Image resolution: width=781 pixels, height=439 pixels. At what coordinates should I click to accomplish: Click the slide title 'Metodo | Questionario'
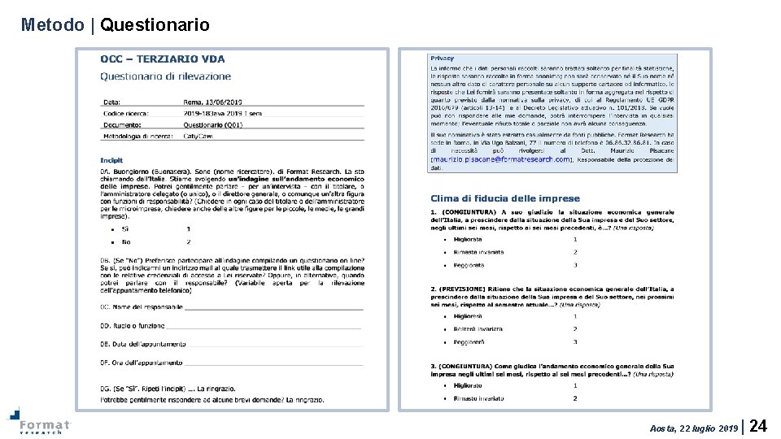click(115, 25)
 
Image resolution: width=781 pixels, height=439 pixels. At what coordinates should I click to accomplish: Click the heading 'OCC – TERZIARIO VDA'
click(163, 59)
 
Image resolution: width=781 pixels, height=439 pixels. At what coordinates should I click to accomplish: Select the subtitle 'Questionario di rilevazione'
click(165, 76)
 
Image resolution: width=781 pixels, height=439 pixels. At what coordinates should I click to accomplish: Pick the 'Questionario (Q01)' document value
click(212, 124)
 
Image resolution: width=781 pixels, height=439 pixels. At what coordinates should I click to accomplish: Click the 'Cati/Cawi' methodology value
click(197, 136)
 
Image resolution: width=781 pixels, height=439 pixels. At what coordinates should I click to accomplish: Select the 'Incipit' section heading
click(111, 160)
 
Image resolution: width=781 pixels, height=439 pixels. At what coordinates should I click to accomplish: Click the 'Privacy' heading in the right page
click(443, 59)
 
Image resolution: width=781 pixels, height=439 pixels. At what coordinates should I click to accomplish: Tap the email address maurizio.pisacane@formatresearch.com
click(501, 159)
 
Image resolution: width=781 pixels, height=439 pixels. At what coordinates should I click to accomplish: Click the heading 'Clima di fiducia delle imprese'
click(505, 198)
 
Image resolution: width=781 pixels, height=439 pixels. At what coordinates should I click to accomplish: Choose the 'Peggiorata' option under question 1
click(469, 265)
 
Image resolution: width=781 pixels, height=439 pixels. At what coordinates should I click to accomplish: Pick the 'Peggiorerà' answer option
click(469, 341)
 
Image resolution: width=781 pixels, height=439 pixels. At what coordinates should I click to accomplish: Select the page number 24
click(758, 426)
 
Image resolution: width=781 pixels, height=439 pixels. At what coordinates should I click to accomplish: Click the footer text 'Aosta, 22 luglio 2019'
click(694, 428)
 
